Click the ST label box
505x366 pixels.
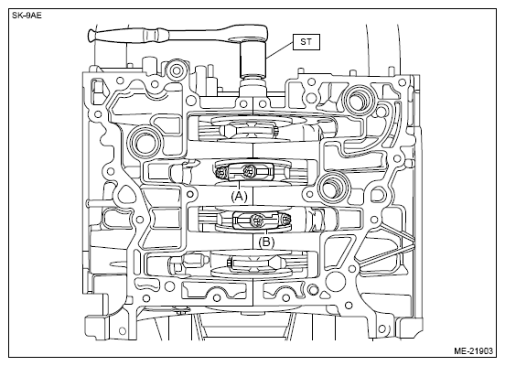(306, 42)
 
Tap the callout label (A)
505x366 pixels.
(239, 196)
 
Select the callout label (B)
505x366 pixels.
(266, 242)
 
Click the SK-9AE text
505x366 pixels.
(27, 16)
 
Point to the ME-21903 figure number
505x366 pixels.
(473, 350)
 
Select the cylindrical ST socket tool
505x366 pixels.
(253, 60)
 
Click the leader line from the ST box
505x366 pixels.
(280, 50)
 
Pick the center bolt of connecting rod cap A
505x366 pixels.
(248, 170)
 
